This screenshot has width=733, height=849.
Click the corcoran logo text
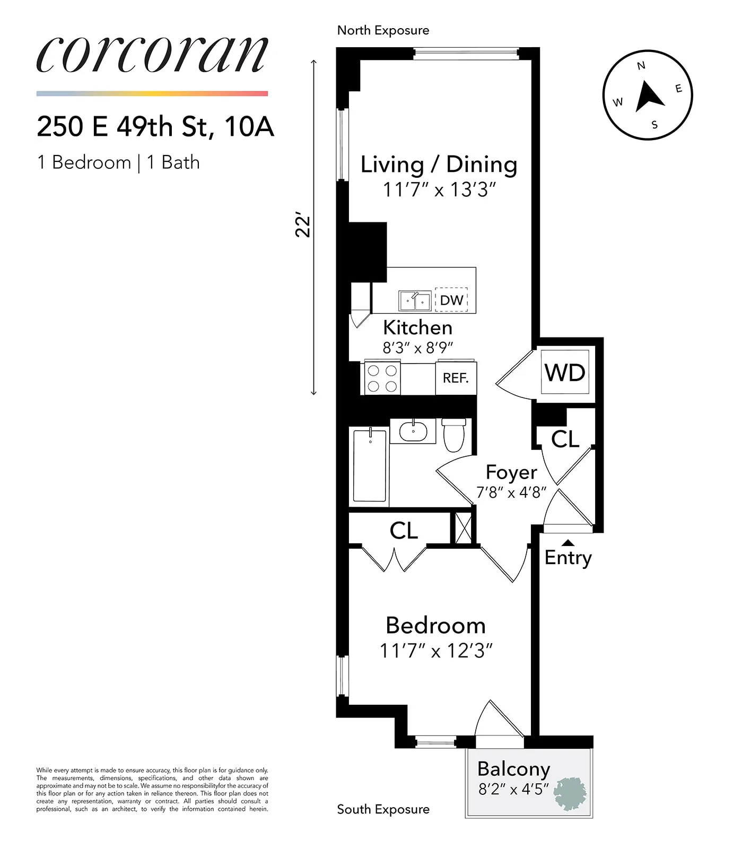(152, 55)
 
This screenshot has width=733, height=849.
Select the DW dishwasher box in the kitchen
(451, 300)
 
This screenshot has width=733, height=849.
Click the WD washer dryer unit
(565, 372)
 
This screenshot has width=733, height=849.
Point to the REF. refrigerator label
(456, 378)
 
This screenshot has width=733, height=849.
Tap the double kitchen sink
(415, 301)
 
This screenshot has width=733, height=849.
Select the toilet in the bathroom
(454, 435)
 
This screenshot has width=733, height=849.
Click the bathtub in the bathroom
(370, 465)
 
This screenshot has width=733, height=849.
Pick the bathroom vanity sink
(413, 431)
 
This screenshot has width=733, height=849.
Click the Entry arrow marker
(568, 543)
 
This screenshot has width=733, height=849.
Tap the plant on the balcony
(570, 793)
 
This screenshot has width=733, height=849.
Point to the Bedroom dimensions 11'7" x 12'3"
(436, 651)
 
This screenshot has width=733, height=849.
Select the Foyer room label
(511, 472)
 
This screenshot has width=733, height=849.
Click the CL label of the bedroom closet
(404, 530)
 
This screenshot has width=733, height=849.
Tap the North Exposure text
(383, 30)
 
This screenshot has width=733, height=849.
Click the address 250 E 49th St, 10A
(155, 126)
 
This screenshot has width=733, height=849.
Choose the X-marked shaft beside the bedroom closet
(464, 527)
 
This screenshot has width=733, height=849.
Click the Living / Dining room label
(439, 164)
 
